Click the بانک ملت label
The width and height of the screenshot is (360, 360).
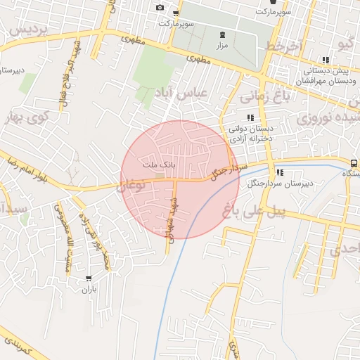pos(157,164)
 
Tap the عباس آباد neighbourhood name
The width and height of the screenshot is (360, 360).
pos(181,94)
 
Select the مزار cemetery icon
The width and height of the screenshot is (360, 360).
pos(224,34)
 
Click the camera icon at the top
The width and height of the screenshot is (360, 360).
pos(160,8)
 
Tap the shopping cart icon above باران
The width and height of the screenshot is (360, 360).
pos(88,278)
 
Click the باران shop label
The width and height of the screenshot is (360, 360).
pos(88,289)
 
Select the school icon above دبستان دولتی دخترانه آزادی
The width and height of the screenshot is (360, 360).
pos(250,118)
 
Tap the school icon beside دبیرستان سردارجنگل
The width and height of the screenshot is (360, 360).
pos(280,172)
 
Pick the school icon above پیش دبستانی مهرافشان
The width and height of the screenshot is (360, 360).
pos(324,60)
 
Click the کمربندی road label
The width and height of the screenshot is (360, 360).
pos(15,345)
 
